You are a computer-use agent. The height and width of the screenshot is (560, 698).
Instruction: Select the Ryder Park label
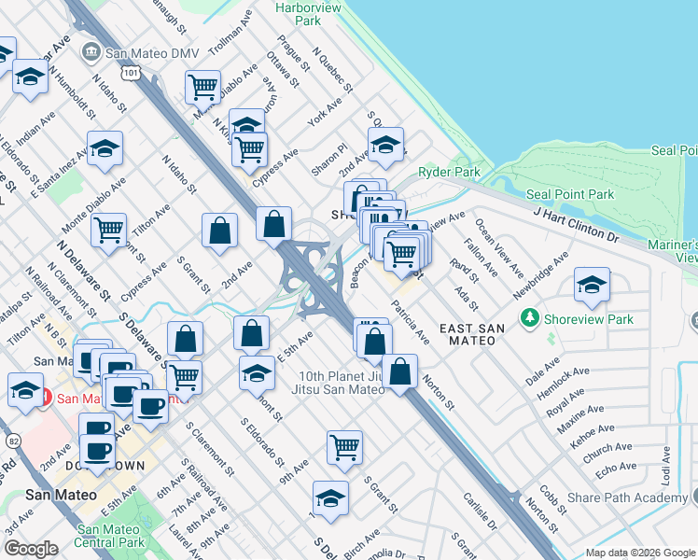tap(449, 172)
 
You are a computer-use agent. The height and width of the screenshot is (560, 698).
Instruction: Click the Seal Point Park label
tap(570, 194)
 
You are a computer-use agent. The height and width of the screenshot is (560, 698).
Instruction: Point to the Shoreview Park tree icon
tap(530, 319)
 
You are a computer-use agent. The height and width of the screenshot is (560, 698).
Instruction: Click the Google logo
tap(30, 549)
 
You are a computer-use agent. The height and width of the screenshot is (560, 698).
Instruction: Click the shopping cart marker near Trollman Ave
tap(202, 87)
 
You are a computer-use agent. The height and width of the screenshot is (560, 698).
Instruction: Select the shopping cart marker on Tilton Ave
tap(109, 230)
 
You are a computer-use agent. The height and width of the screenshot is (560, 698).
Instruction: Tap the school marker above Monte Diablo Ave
tap(105, 147)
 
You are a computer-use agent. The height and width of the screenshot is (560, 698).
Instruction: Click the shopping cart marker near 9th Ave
tap(344, 448)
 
